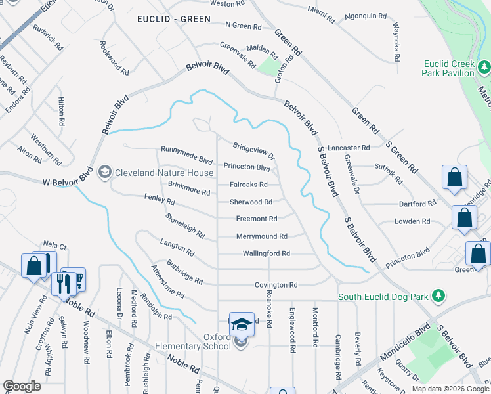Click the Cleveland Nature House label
[x=164, y=173]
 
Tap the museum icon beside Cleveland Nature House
[x=104, y=172]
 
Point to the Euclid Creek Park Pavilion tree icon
[x=484, y=67]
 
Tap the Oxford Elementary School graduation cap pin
[x=242, y=323]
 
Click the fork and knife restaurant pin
[x=64, y=284]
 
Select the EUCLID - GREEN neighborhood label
[x=174, y=20]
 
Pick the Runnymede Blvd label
[x=187, y=160]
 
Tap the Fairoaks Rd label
[x=249, y=185]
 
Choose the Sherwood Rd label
[x=250, y=202]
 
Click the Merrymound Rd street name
[x=261, y=236]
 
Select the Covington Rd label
[x=276, y=285]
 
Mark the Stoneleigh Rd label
[x=186, y=225]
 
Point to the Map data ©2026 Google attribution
[x=450, y=389]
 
